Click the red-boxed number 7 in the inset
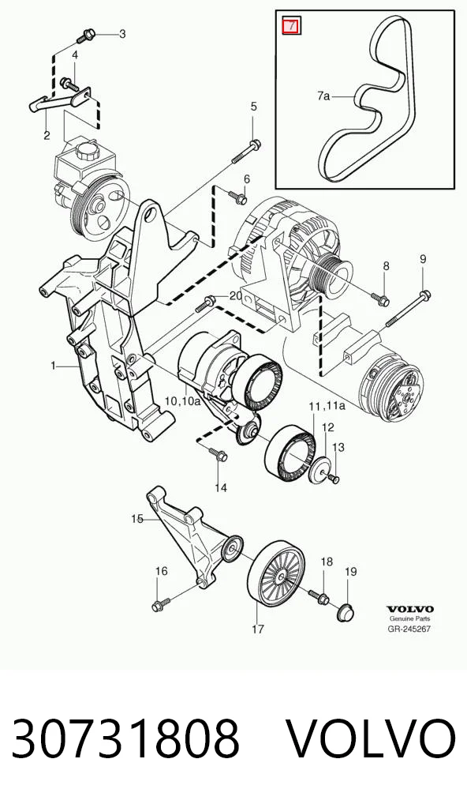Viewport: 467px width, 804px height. tap(292, 25)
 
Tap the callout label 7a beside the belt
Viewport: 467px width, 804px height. tap(323, 96)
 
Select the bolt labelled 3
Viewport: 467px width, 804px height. tap(84, 36)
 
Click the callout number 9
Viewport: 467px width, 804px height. tap(423, 259)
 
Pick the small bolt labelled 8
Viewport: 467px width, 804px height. tap(379, 299)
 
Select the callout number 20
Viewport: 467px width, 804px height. tap(236, 296)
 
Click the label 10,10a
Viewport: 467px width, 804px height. tap(182, 401)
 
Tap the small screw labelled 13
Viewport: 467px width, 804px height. tap(334, 479)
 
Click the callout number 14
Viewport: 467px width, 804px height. tap(221, 488)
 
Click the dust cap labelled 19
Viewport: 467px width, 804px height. tap(346, 613)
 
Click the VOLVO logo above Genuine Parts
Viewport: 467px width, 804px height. tap(409, 609)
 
